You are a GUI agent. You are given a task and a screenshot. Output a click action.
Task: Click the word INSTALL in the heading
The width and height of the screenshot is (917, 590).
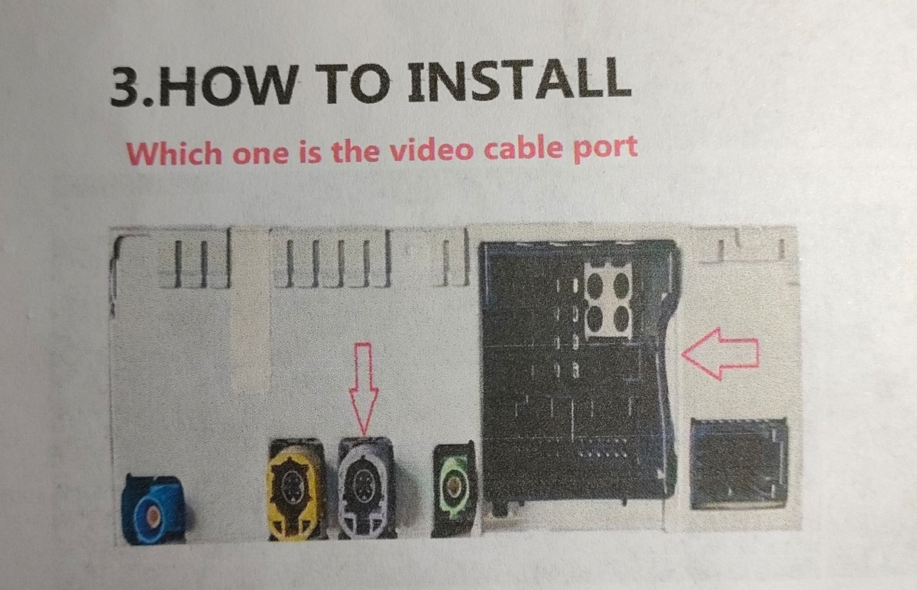(x=520, y=81)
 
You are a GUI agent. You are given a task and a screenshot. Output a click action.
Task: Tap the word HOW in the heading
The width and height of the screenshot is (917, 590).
(x=227, y=86)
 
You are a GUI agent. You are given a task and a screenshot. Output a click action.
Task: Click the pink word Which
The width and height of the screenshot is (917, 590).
(x=174, y=154)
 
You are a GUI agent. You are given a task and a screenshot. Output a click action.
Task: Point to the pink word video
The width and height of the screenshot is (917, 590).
(x=432, y=150)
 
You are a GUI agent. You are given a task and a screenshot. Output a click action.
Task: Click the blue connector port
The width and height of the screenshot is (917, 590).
(x=154, y=509)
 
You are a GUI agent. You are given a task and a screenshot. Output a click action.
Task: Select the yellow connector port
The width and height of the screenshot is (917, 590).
(x=296, y=490)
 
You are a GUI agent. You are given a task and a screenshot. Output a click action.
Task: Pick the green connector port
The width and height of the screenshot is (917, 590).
(x=455, y=490)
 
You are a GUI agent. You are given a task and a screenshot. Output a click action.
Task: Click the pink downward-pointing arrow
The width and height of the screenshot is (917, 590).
(x=364, y=388)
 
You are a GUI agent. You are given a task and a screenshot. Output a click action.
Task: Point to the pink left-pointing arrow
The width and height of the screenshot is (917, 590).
(x=720, y=354)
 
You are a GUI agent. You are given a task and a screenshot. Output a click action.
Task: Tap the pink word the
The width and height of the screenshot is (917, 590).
(x=355, y=151)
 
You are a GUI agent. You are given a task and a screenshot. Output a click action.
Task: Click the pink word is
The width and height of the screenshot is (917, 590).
(x=310, y=153)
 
